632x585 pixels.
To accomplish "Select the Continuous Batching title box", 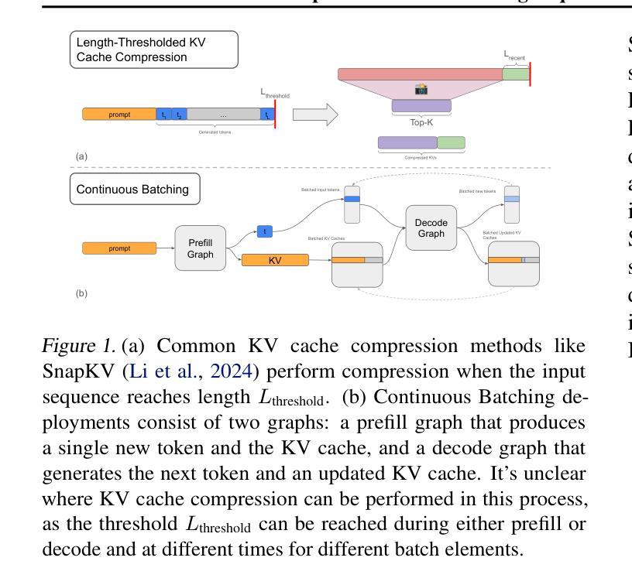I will coord(133,188).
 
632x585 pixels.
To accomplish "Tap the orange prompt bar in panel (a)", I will coord(118,115).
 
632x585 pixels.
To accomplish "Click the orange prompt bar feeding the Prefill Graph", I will coord(118,248).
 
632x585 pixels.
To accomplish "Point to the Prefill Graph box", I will coord(200,248).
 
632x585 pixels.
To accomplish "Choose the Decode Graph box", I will coord(431,228).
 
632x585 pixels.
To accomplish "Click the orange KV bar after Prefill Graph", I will coord(275,261).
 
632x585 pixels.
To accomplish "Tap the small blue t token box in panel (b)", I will coord(265,231).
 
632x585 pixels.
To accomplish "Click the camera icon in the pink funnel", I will coord(421,90).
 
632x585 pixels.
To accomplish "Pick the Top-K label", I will coord(421,122).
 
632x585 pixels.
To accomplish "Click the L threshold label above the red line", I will coord(275,94).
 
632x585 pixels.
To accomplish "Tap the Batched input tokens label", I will coord(321,190).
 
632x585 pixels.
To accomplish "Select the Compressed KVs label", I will coord(421,157).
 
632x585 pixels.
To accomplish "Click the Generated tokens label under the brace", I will coord(215,132).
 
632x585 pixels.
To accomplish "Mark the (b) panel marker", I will coord(81,293).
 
